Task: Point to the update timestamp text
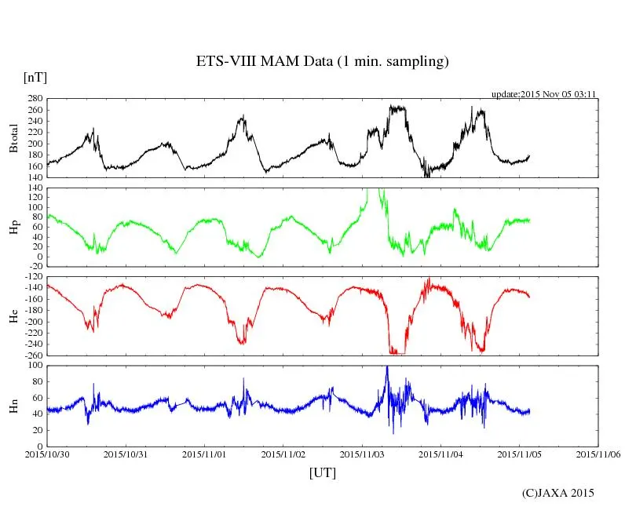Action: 544,94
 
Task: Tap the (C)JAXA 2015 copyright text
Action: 558,493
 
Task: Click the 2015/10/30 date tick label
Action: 47,454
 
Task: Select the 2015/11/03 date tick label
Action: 362,454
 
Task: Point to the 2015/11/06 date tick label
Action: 598,454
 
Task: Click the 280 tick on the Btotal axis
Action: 34,99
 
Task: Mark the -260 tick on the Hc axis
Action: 31,355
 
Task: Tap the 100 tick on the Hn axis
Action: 34,365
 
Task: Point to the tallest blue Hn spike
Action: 387,367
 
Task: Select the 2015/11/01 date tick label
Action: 205,454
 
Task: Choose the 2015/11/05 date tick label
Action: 520,454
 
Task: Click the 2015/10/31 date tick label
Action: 126,454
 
